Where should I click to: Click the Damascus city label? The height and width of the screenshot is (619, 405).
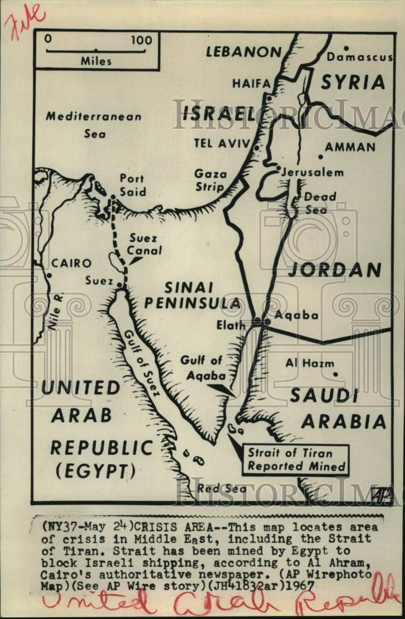pyautogui.click(x=360, y=57)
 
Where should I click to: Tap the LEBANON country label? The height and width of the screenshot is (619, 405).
pyautogui.click(x=243, y=51)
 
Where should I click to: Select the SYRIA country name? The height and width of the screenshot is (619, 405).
pyautogui.click(x=352, y=82)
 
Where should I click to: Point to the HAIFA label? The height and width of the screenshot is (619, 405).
pyautogui.click(x=251, y=83)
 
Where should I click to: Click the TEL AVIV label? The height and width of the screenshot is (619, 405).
pyautogui.click(x=222, y=144)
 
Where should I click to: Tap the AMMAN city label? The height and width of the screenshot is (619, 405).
pyautogui.click(x=350, y=147)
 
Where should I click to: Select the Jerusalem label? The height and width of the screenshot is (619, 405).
pyautogui.click(x=312, y=172)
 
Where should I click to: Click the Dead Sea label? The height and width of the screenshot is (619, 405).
pyautogui.click(x=320, y=203)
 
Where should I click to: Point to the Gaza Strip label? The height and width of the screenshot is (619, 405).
pyautogui.click(x=211, y=180)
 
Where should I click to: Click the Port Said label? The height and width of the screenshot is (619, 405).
pyautogui.click(x=131, y=185)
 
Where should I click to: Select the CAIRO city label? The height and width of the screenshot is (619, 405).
pyautogui.click(x=71, y=263)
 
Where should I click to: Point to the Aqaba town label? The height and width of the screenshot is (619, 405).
pyautogui.click(x=296, y=315)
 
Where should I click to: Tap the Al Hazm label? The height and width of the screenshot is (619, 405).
pyautogui.click(x=310, y=363)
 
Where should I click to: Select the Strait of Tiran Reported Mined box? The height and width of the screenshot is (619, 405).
pyautogui.click(x=295, y=459)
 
